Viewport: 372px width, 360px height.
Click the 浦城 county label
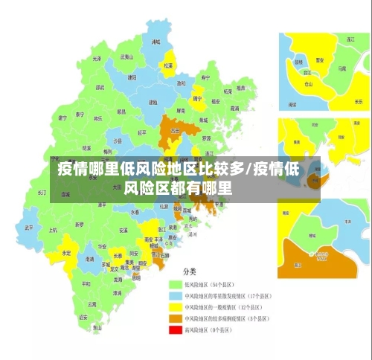click(155, 43)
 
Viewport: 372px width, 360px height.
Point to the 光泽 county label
click(96, 59)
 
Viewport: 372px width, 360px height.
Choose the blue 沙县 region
click(117, 140)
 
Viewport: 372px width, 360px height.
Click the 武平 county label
click(29, 228)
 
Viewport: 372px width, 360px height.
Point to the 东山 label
click(97, 327)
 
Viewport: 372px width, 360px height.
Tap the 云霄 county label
click(92, 303)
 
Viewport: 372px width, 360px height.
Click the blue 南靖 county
click(89, 260)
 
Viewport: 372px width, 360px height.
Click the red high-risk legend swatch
click(176, 330)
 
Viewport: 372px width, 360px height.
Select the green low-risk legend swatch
click(176, 284)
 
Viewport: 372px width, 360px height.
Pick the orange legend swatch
click(176, 318)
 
